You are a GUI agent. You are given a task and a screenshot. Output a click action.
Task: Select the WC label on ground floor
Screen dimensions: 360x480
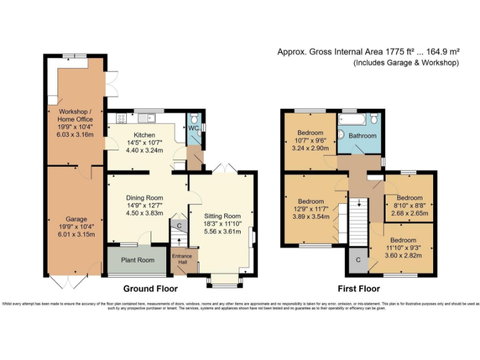point(193,128)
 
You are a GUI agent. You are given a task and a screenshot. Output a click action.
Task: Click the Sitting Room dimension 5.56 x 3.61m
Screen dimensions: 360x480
point(222,230)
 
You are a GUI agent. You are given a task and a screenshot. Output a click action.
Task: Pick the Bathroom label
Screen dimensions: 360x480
point(362,136)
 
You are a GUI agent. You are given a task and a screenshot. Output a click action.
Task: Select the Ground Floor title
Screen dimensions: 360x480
point(150,289)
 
